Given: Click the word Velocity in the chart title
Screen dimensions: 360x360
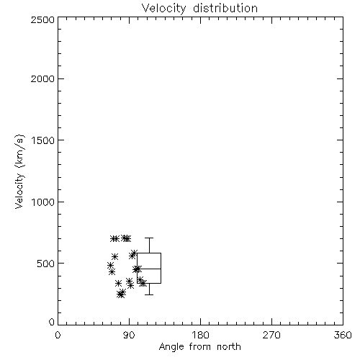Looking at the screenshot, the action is [x=163, y=9].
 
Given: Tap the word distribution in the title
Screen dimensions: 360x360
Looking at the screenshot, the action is [x=225, y=8].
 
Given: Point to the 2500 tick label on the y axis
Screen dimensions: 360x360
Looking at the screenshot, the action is [x=42, y=19].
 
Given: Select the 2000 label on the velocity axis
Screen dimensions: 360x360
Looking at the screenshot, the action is [x=42, y=78].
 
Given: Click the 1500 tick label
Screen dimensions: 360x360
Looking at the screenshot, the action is [x=43, y=140].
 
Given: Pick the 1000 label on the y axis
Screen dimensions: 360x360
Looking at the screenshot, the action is [x=43, y=202].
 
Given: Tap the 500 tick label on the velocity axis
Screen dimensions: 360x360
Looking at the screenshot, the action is [x=46, y=264].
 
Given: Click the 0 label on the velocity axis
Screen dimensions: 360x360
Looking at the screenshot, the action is [x=52, y=322].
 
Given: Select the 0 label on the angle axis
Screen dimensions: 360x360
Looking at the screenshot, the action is [x=58, y=335].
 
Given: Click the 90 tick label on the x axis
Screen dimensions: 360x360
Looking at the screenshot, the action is [x=129, y=335].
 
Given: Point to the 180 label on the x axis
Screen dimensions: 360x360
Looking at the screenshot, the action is [x=200, y=335].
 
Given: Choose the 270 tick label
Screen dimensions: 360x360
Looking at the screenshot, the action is [x=271, y=335].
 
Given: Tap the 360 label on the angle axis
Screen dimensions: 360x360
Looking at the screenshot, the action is [x=343, y=335].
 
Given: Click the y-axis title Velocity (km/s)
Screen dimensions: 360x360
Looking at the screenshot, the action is [x=19, y=171].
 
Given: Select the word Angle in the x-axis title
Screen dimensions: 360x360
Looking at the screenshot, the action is [x=171, y=347].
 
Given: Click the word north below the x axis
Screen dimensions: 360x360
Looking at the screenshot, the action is [x=229, y=346].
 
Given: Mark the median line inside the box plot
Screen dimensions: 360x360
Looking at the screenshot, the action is [x=149, y=269].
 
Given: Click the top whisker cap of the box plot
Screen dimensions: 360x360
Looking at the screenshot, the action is [x=149, y=238].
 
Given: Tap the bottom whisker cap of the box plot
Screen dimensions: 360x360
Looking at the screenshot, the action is [x=149, y=294].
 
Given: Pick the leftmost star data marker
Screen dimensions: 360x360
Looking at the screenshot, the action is [x=110, y=265].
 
